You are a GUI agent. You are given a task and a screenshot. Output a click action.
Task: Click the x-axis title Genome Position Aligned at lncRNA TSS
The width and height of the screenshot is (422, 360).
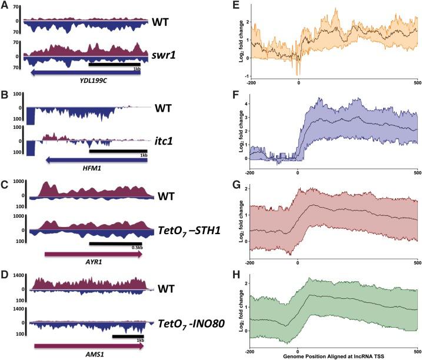[x=333, y=356]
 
